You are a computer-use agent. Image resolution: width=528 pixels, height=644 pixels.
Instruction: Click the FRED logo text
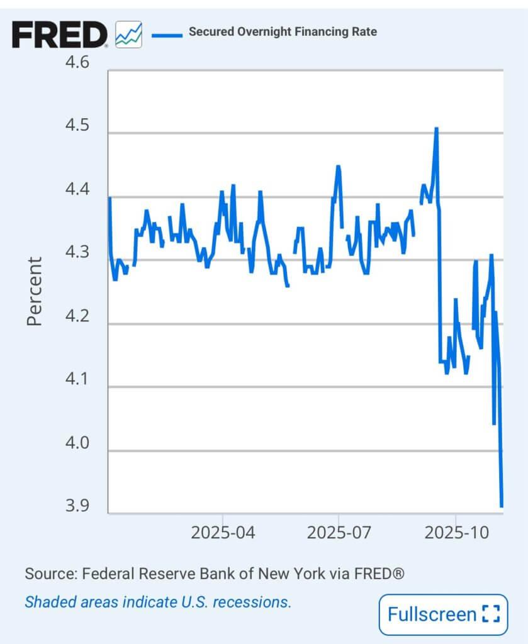click(60, 35)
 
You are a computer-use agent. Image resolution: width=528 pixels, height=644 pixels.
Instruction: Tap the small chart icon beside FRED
click(129, 34)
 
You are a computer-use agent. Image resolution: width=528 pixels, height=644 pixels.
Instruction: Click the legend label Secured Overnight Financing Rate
click(283, 31)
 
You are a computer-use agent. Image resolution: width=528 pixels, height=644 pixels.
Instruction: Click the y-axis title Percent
click(35, 291)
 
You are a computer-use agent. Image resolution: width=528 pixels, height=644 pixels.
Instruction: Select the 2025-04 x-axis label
click(223, 533)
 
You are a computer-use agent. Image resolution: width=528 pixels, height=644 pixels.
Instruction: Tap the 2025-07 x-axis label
click(339, 533)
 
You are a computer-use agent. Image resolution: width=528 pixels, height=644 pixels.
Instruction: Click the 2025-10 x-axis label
click(456, 533)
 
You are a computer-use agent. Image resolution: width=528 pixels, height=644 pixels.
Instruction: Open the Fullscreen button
click(443, 614)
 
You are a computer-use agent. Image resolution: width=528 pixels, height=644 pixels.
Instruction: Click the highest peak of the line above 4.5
click(435, 128)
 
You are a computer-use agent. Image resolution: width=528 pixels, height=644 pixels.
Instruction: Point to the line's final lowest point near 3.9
click(502, 505)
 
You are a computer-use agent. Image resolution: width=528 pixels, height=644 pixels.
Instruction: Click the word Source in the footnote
click(48, 574)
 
